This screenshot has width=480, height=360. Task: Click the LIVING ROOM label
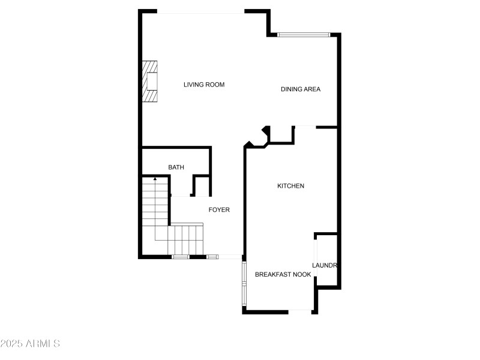pos(204,85)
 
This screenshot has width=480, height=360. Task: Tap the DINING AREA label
pos(301,89)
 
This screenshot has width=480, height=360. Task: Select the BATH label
pos(176,167)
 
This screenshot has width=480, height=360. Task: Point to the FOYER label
pos(219,209)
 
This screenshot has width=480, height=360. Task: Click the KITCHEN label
pos(290,186)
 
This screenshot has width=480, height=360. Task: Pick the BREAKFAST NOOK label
pos(283,274)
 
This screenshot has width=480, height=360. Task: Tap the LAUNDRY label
pos(325,265)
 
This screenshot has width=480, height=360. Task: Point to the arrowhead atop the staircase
pos(155,178)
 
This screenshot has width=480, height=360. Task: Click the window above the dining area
pos(303,34)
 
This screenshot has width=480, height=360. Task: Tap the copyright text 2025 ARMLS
pos(30,344)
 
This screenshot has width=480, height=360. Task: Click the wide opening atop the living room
pos(201,11)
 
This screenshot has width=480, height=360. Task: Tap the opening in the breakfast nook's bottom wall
pos(300,311)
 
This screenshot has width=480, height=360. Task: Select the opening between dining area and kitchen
pos(305,127)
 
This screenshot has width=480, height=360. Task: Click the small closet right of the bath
pos(202,185)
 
